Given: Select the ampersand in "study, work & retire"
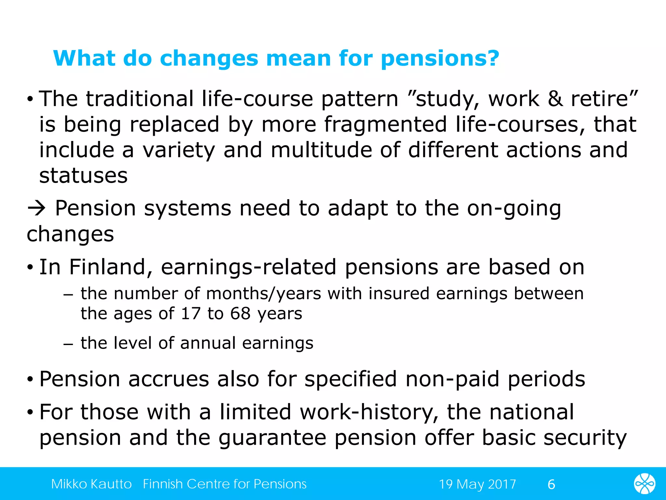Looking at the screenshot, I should [555, 99].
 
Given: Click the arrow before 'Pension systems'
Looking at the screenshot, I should [37, 208].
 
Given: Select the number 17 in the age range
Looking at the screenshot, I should [191, 313].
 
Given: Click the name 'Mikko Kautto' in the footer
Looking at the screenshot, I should [91, 484].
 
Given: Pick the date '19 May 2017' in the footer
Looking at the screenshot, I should [477, 484].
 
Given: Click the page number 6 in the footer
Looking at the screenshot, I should [551, 485].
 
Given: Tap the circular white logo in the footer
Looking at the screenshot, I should [645, 484].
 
